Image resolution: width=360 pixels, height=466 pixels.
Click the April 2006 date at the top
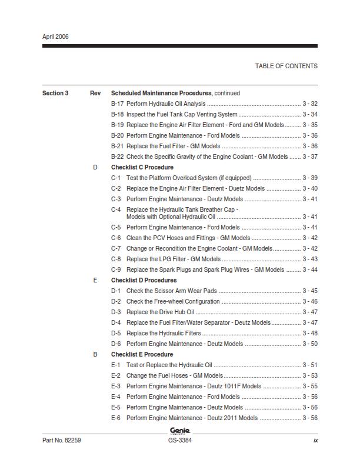(x=55, y=36)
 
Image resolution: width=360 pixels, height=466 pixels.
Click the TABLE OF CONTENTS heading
(x=286, y=66)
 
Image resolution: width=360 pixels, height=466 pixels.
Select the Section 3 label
(x=55, y=93)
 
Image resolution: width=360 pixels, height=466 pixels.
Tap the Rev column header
(x=95, y=93)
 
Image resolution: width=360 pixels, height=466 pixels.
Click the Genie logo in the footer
(x=179, y=431)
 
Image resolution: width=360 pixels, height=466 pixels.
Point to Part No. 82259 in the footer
(x=61, y=440)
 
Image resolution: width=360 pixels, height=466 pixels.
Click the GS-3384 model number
(x=179, y=440)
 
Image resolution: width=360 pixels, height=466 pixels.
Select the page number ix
(x=315, y=440)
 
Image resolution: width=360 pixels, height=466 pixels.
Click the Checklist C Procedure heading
(x=142, y=167)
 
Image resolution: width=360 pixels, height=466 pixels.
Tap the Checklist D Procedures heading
(x=144, y=280)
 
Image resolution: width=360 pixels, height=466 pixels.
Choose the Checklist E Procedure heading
(x=142, y=354)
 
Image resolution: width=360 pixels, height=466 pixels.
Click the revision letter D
(x=95, y=167)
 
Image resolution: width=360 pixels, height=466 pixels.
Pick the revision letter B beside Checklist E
(x=95, y=354)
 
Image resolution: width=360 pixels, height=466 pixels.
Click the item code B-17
(x=117, y=104)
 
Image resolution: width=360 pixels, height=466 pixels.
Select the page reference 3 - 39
(x=310, y=178)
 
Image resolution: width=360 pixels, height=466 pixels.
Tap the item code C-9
(x=116, y=269)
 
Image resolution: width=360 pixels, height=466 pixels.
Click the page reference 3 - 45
(x=310, y=291)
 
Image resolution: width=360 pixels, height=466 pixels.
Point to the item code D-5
(x=116, y=333)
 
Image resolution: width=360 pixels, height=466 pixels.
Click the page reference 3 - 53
(x=310, y=375)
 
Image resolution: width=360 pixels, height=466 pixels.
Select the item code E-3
(x=116, y=386)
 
